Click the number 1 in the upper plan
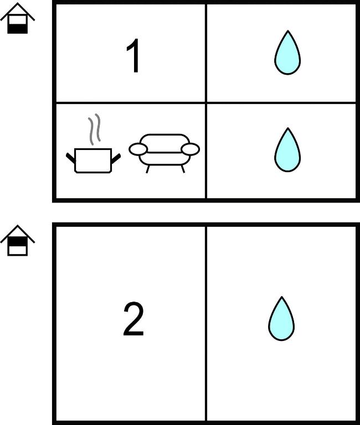coord(133,55)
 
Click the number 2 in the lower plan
coord(133,319)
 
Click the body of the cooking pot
coord(93,160)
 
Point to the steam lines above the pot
coord(94,129)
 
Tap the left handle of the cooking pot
coord(70,158)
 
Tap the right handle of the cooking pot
coord(116,158)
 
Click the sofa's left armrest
coord(138,149)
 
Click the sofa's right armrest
coord(190,149)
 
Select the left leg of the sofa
coord(147,169)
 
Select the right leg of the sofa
coord(183,169)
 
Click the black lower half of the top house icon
coord(17,29)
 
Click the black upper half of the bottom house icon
coord(17,241)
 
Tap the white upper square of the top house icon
coord(17,19)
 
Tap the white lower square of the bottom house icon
coord(17,251)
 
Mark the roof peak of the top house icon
coord(17,3)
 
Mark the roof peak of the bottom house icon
coord(17,226)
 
